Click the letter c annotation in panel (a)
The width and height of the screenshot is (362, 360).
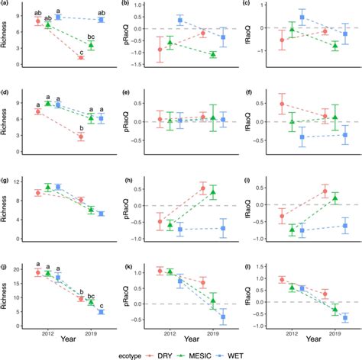(x=81, y=50)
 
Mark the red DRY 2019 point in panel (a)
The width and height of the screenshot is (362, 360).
(x=81, y=58)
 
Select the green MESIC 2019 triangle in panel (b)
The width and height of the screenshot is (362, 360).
(x=213, y=54)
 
